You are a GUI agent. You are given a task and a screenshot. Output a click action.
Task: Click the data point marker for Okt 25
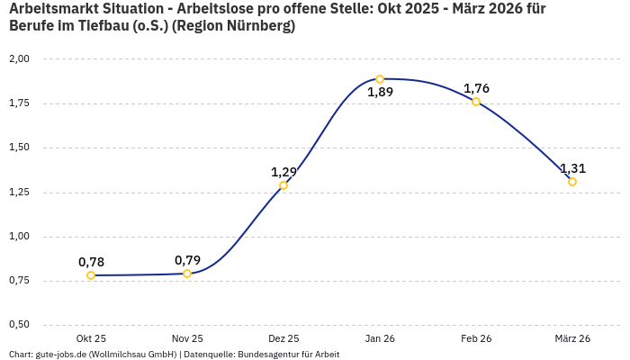point(91,275)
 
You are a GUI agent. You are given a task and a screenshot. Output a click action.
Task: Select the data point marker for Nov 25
point(187,274)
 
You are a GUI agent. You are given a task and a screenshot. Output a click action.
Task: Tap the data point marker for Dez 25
point(283,185)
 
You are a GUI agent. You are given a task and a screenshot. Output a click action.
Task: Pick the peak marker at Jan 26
point(380,79)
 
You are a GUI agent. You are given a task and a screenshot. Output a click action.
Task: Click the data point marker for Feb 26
point(476,102)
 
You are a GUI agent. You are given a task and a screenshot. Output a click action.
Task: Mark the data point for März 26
point(572,182)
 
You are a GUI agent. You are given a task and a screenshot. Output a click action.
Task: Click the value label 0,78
point(91,262)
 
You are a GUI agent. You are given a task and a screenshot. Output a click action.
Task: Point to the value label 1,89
point(380,92)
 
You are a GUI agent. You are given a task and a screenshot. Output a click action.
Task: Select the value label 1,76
point(476,88)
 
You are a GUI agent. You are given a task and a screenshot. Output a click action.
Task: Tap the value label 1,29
point(283,172)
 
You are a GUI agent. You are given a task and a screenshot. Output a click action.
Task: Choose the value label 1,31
point(572,168)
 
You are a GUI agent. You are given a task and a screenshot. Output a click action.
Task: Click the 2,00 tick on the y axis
point(19,58)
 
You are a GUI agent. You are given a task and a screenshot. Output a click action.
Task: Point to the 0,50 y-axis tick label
point(19,325)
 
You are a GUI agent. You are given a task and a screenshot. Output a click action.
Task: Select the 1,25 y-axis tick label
point(19,192)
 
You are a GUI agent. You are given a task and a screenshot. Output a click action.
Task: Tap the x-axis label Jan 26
point(380,338)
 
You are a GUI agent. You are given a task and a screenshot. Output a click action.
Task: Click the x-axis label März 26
point(572,338)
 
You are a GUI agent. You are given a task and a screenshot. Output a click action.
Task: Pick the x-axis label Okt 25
point(91,338)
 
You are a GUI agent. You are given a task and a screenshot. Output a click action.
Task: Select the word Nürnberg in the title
point(260,26)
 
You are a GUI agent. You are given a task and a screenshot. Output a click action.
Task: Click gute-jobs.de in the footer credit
point(59,355)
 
